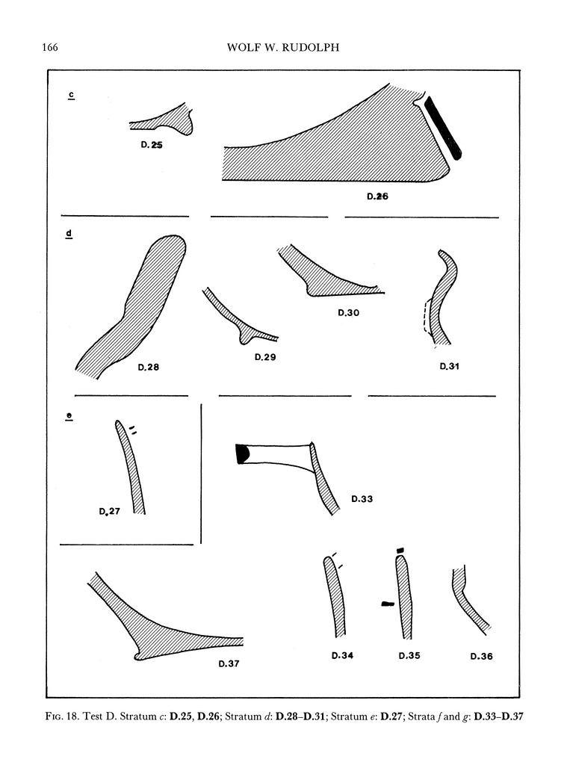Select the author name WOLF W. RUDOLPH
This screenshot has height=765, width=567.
(x=283, y=49)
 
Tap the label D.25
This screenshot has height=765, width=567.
(x=152, y=146)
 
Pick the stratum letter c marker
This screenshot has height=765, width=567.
(x=69, y=95)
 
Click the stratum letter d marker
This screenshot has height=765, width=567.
(x=69, y=235)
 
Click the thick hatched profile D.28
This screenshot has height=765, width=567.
(x=134, y=306)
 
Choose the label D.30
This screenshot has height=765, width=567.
(x=348, y=314)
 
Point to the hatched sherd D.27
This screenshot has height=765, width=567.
(x=131, y=471)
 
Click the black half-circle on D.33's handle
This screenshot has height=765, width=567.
(x=241, y=453)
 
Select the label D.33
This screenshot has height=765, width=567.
(x=362, y=498)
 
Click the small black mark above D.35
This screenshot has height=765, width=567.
(x=400, y=551)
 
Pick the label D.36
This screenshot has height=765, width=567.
(x=482, y=657)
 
